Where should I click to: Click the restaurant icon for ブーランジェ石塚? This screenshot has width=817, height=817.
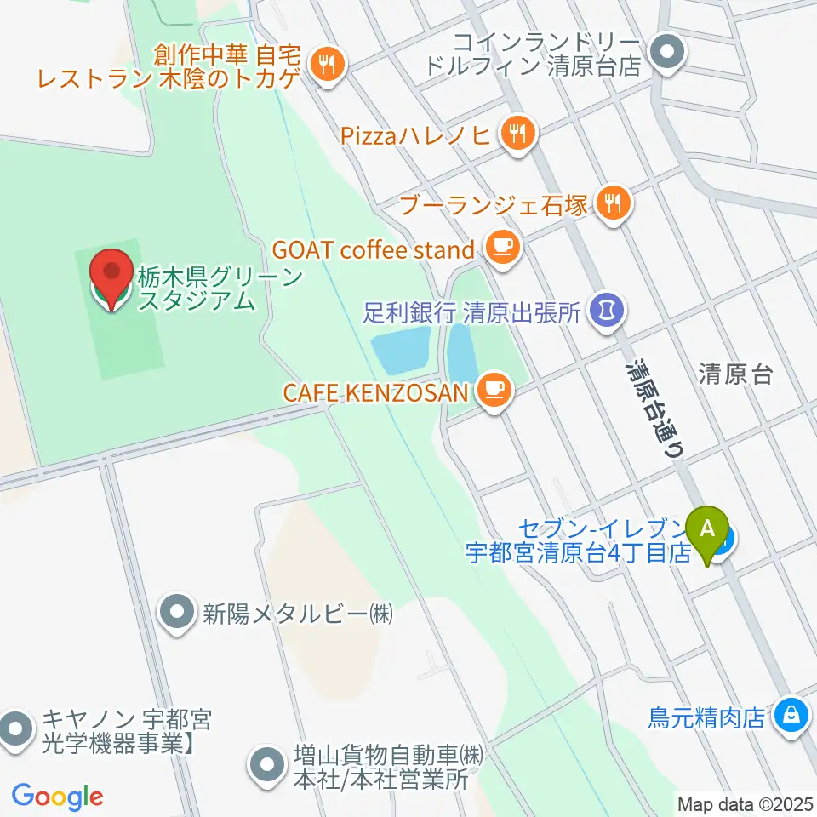click(x=612, y=203)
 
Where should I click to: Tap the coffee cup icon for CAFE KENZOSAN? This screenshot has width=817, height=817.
click(x=494, y=391)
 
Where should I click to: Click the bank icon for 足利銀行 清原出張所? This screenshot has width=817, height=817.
click(x=607, y=310)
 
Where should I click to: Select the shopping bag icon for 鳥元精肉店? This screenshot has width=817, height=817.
click(x=792, y=715)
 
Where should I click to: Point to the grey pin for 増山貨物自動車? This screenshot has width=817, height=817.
click(x=268, y=763)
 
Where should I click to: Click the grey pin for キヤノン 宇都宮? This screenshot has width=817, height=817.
click(x=15, y=729)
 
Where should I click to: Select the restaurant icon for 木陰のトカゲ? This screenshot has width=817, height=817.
click(x=325, y=64)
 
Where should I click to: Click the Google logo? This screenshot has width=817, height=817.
click(x=57, y=797)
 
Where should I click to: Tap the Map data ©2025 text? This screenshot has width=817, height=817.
click(x=744, y=803)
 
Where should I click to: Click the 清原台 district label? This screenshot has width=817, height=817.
click(x=735, y=374)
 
